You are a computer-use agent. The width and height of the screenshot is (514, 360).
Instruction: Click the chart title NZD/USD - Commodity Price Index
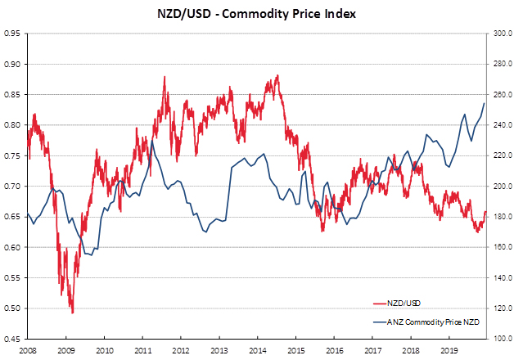[257, 13]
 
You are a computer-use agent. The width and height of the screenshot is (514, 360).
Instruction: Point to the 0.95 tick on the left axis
[12, 34]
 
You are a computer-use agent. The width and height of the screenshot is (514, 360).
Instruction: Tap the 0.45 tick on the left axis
[12, 339]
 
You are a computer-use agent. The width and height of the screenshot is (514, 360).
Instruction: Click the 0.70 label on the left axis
[12, 187]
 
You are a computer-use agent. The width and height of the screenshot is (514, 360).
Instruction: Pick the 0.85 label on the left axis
[12, 95]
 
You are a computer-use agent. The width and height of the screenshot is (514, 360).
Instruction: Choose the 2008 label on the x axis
[29, 349]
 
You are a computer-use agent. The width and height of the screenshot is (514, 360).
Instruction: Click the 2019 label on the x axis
[449, 349]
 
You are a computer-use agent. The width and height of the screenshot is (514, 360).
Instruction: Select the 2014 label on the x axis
[259, 349]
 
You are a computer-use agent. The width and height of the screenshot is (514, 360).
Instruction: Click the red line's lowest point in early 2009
[72, 313]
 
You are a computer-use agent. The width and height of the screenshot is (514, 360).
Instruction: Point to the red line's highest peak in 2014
[278, 76]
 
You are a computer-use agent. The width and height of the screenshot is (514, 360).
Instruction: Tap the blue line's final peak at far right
[485, 103]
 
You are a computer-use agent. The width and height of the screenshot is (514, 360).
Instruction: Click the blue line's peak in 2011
[151, 141]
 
